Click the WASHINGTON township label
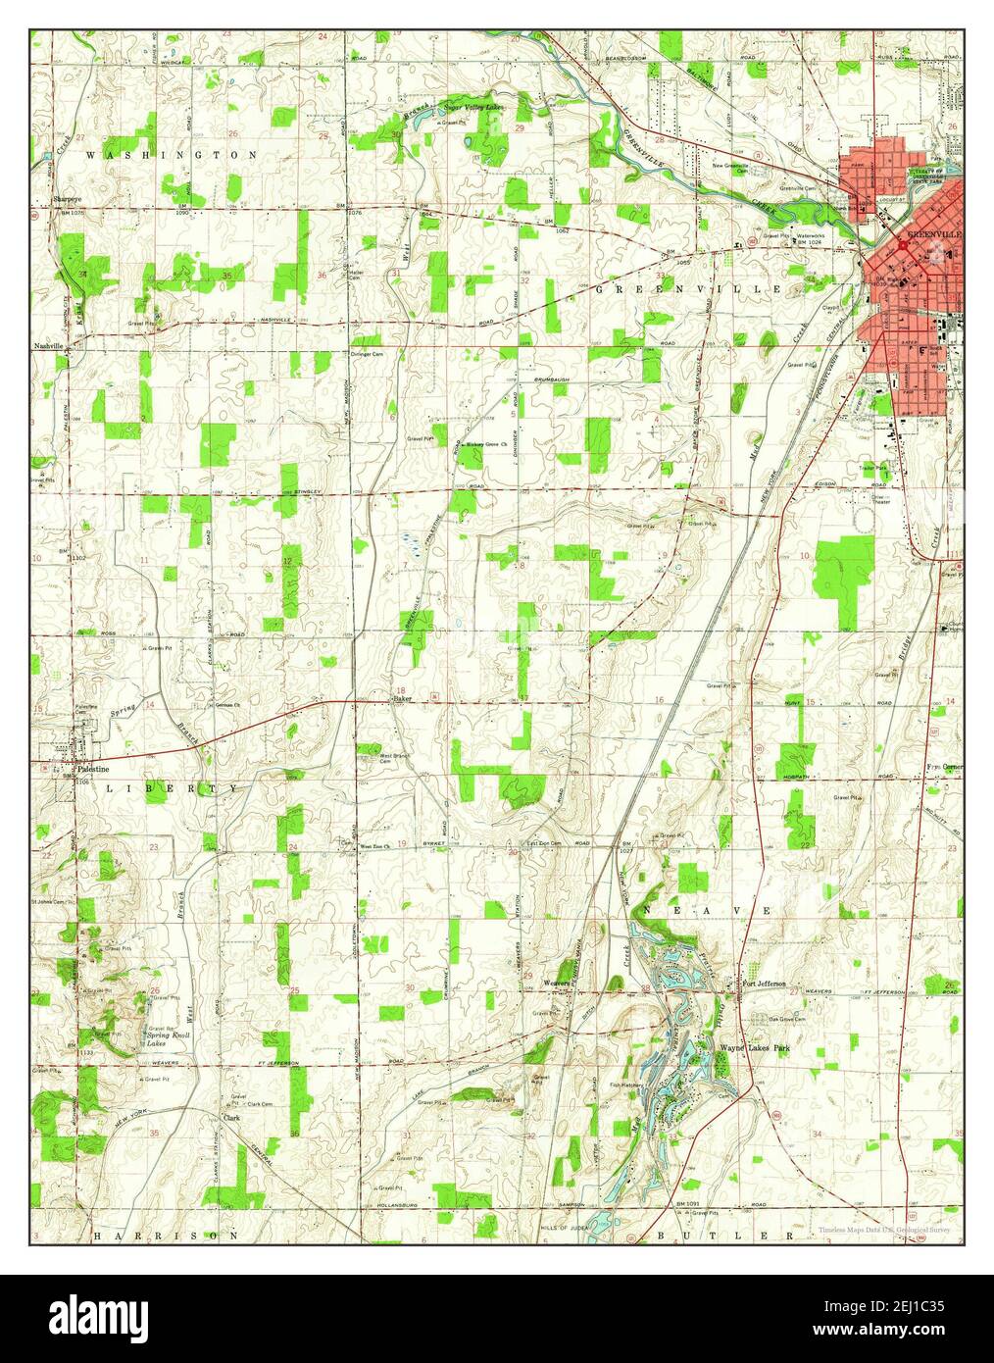[x=172, y=155]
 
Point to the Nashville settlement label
[x=48, y=346]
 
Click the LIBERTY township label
[x=172, y=788]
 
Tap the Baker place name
[x=401, y=698]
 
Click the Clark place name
[x=231, y=1117]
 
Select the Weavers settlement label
[x=558, y=982]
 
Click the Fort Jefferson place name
[x=764, y=984]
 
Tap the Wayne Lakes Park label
[x=754, y=1048]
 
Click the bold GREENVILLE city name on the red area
[x=934, y=235]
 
